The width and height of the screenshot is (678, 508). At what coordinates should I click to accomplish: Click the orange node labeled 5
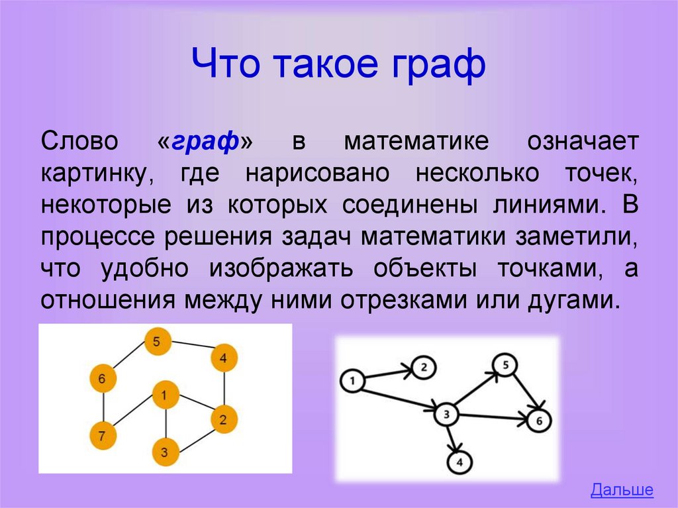[x=158, y=342]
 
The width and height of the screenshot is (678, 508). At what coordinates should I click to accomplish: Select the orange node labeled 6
[x=103, y=379]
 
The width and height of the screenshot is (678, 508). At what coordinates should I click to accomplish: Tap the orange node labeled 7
[x=103, y=436]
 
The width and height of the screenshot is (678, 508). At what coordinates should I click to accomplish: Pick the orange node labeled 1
[x=165, y=395]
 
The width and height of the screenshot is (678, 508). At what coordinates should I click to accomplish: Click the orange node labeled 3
[x=165, y=453]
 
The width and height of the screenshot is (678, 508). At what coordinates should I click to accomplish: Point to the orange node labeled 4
[x=224, y=358]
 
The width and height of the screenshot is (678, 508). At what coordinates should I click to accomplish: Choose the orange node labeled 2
[x=224, y=419]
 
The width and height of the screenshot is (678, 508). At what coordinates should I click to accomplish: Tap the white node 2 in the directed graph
[x=426, y=366]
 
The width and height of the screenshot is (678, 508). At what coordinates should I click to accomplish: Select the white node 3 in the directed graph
[x=447, y=415]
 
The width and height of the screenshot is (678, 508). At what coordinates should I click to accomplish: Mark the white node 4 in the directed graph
[x=460, y=462]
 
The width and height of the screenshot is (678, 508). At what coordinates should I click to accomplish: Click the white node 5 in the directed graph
[x=505, y=365]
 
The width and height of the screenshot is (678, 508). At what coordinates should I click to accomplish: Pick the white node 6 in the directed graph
[x=540, y=421]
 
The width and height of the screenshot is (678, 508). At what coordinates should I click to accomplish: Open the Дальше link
[x=622, y=490]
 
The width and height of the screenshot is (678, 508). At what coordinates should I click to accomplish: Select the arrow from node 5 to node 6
[x=524, y=391]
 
